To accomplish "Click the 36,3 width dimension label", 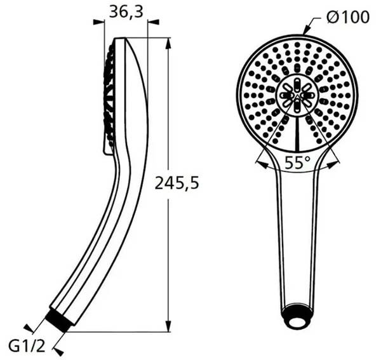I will [x=126, y=12].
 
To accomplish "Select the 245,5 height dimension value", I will [x=177, y=183].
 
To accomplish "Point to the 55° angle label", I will [x=297, y=163].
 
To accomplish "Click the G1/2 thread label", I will [x=27, y=347].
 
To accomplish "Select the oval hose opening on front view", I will [x=296, y=321].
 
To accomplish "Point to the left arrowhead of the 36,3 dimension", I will [x=100, y=22].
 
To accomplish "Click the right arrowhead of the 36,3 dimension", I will [x=152, y=22].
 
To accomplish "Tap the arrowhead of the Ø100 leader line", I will [x=307, y=32].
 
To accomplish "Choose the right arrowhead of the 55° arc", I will [x=335, y=164].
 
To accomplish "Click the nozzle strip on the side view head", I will [x=109, y=98].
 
